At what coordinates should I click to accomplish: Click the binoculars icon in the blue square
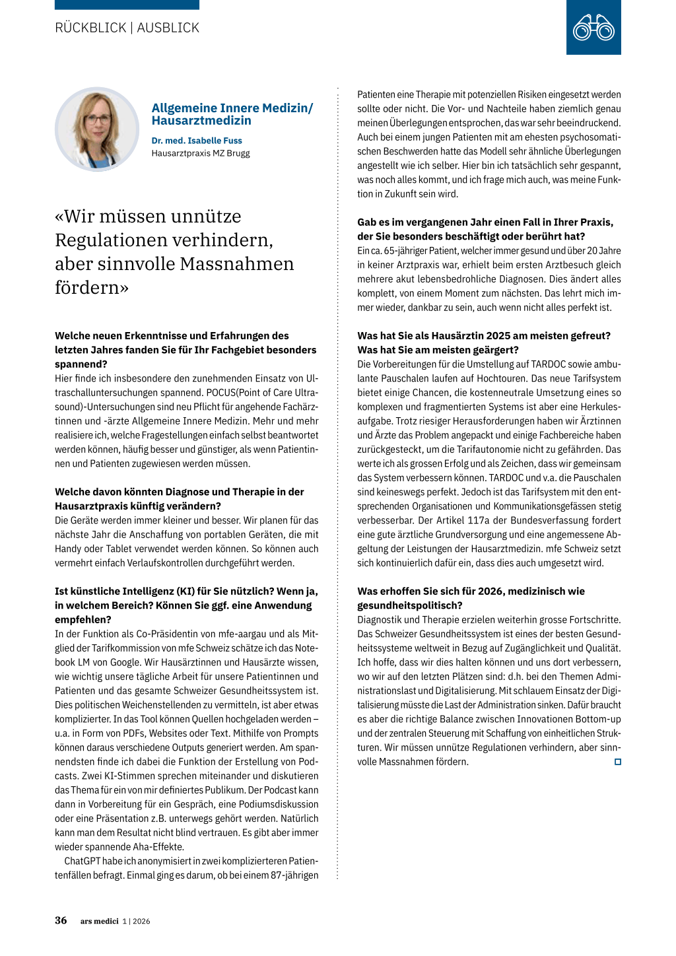(593, 28)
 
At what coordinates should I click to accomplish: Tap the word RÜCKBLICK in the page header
(90, 28)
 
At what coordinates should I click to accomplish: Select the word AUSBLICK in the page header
(168, 28)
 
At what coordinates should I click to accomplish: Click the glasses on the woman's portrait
(97, 119)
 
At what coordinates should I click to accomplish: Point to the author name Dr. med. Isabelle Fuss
(197, 141)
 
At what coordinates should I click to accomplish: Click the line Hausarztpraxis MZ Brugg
(201, 153)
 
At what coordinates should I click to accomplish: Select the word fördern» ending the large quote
(92, 288)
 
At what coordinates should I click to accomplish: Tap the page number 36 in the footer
(61, 920)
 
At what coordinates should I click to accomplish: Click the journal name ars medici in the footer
(100, 921)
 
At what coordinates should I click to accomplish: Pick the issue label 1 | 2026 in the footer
(137, 921)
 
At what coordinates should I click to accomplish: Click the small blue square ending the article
(618, 762)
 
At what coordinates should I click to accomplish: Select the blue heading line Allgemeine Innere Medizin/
(232, 108)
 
